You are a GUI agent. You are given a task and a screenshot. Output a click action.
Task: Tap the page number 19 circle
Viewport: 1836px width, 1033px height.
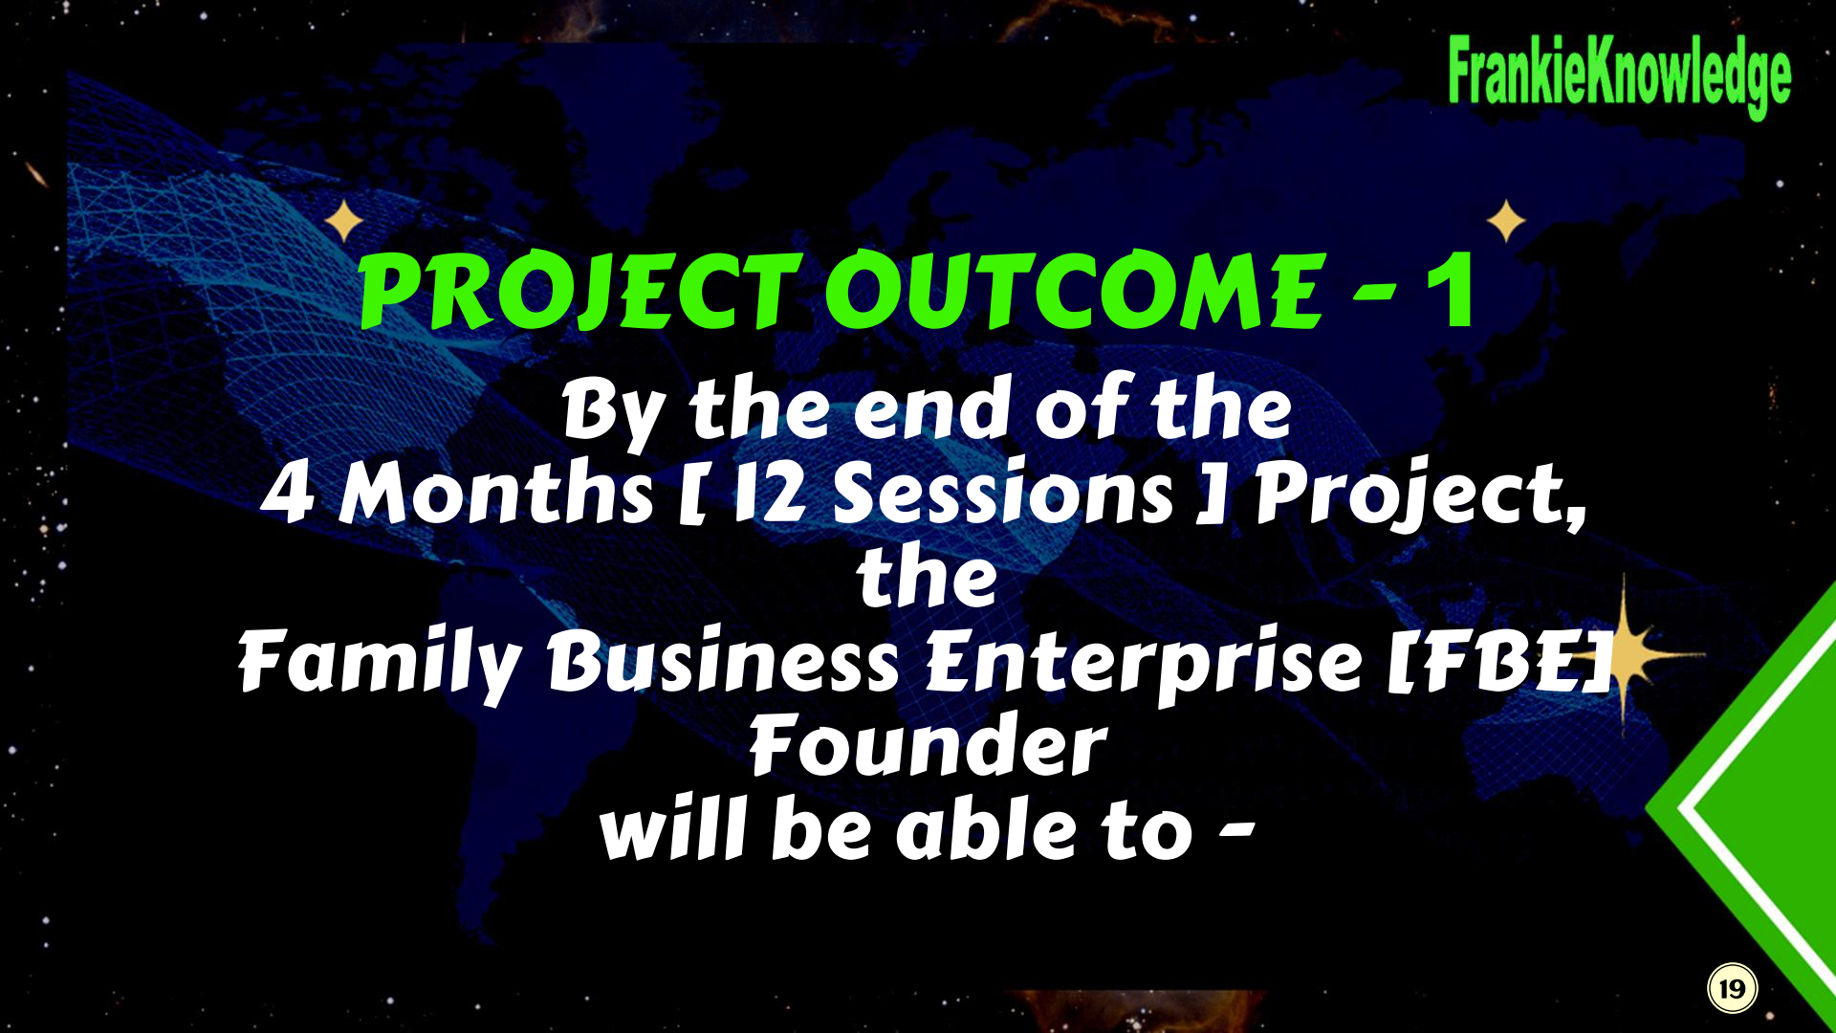(x=1733, y=988)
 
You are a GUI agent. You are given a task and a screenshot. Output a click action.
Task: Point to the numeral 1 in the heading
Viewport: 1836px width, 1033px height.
(x=1450, y=291)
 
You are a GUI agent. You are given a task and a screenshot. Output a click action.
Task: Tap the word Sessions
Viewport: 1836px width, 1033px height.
(x=1003, y=494)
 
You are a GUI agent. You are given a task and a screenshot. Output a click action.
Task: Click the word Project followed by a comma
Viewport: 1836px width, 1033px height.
(x=1420, y=497)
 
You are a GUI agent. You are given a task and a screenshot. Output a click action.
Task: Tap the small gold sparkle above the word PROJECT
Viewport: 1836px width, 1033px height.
(x=344, y=222)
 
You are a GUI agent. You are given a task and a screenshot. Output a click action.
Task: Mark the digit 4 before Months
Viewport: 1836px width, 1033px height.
(x=287, y=494)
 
